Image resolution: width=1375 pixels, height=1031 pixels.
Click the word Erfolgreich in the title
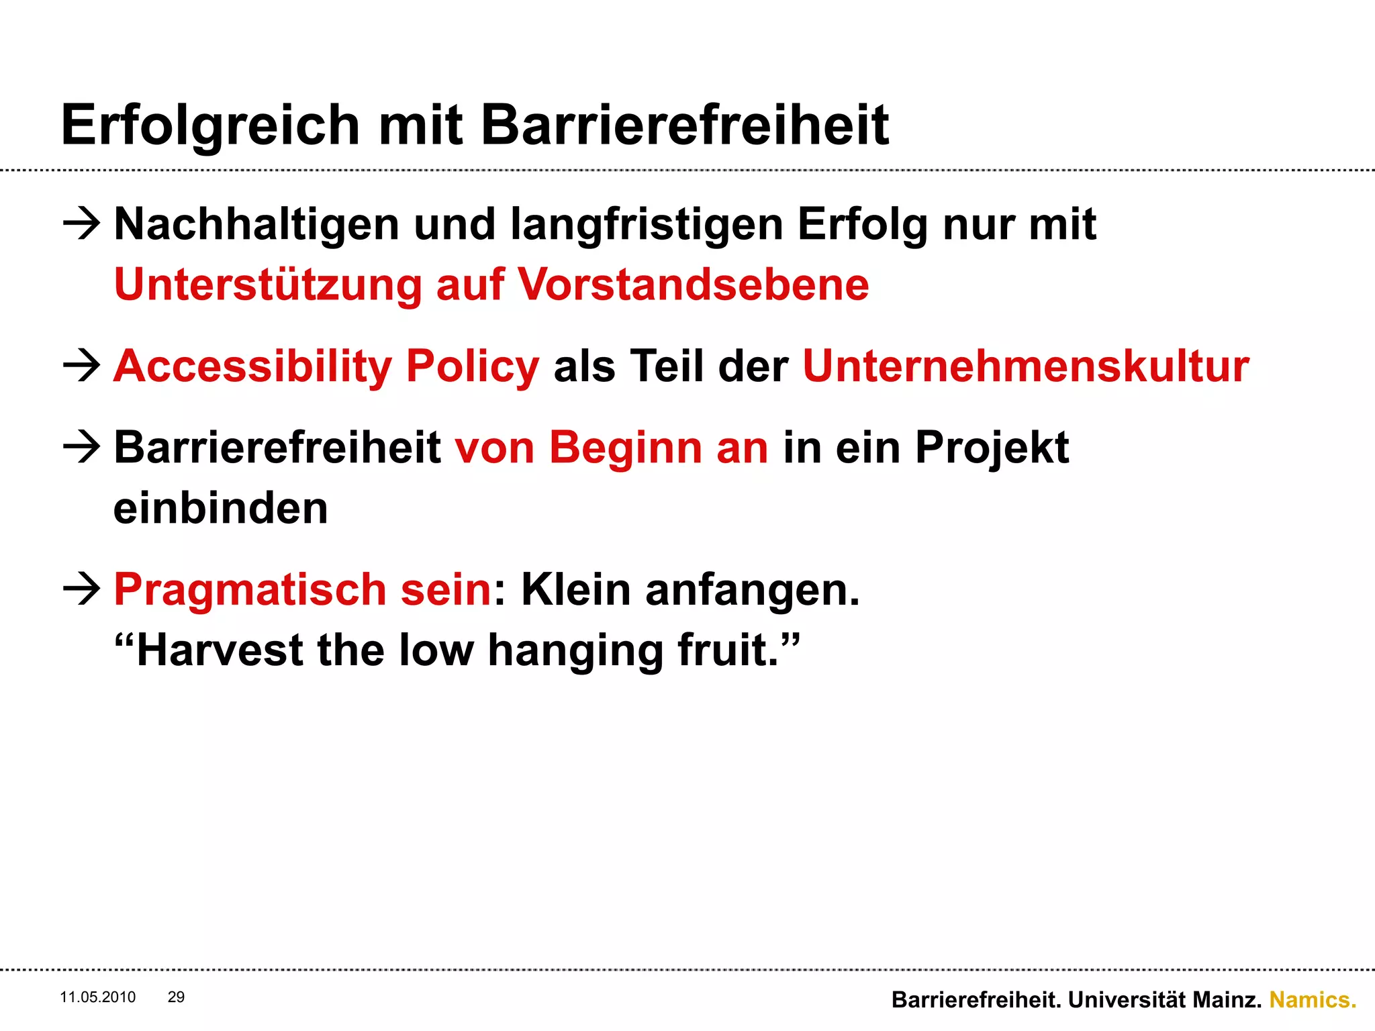[210, 126]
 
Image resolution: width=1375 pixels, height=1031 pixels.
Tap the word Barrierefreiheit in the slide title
[685, 126]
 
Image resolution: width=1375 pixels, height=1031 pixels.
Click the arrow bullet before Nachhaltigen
[81, 224]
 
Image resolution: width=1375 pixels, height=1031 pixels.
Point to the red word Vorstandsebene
[693, 285]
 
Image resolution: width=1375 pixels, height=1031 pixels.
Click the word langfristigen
[647, 225]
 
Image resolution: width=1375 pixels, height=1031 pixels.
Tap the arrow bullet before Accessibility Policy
[81, 366]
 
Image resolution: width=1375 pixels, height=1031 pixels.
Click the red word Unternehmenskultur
[1025, 366]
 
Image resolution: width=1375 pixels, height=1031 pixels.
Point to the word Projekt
[992, 448]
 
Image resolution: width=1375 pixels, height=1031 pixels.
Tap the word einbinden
[220, 508]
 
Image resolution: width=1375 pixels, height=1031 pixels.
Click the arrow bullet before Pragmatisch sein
[81, 589]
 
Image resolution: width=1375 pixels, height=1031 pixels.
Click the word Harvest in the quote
[220, 650]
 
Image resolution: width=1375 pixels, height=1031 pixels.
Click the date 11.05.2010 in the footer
[98, 997]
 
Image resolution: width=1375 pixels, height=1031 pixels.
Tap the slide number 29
[176, 997]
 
